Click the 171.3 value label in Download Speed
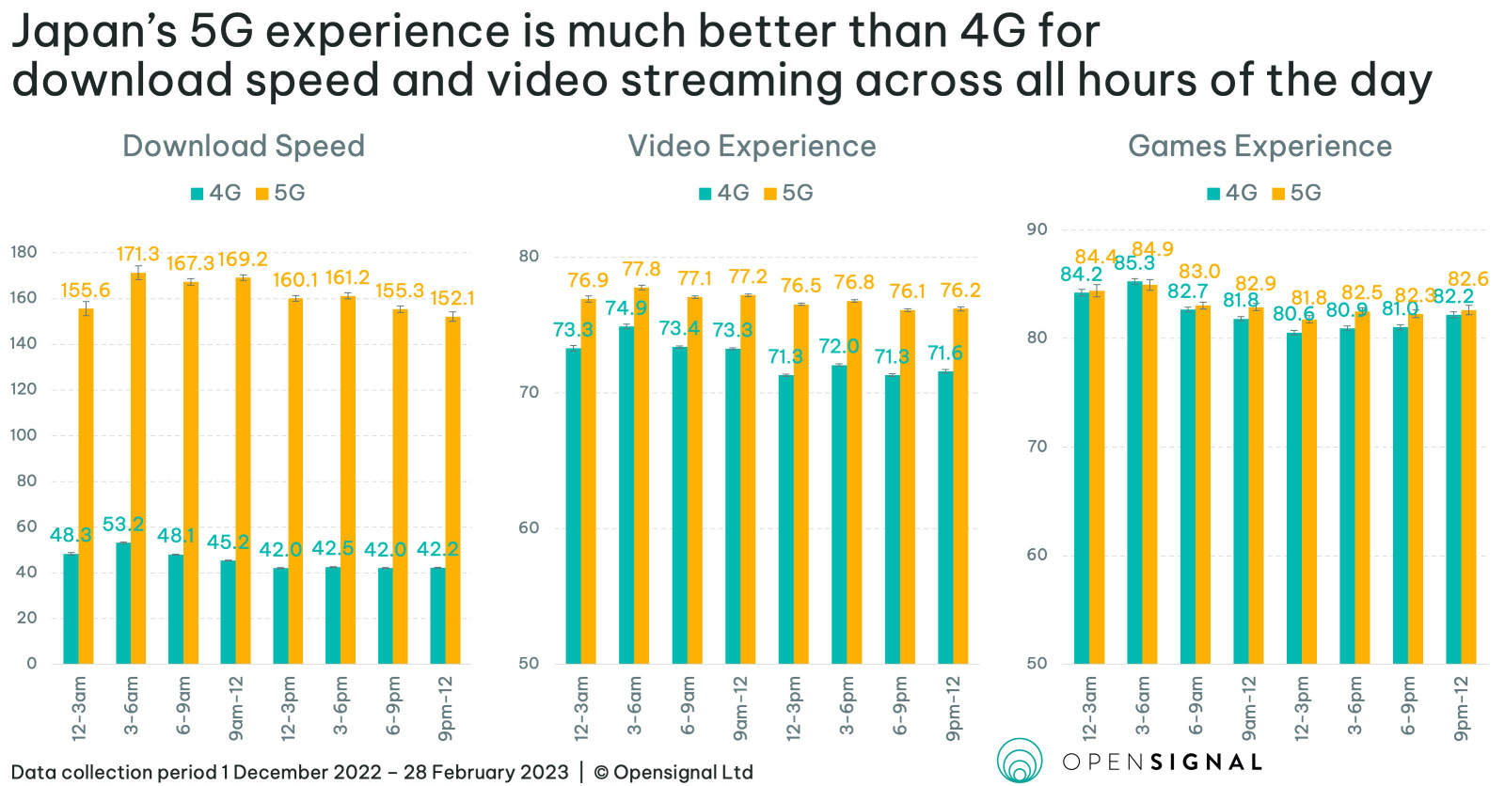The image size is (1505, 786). tap(137, 254)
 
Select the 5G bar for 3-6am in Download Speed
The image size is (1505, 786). tap(137, 470)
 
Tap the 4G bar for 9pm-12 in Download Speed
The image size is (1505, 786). tap(437, 616)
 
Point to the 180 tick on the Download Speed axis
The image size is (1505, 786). tap(24, 252)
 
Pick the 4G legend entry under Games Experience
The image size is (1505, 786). tap(1232, 193)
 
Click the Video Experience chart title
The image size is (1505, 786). tap(752, 146)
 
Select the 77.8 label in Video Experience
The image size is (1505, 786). tap(642, 270)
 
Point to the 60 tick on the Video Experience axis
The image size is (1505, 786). tap(529, 527)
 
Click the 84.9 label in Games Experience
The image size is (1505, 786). tap(1152, 249)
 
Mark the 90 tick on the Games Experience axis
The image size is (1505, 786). tap(1037, 229)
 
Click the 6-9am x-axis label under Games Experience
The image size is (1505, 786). tap(1196, 705)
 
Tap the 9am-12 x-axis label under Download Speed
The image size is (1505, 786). tap(236, 705)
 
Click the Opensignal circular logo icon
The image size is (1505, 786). tap(1019, 760)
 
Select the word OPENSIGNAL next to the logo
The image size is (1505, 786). tap(1162, 762)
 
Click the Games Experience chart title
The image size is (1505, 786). tap(1259, 146)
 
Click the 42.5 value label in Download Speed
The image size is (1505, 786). tap(332, 548)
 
